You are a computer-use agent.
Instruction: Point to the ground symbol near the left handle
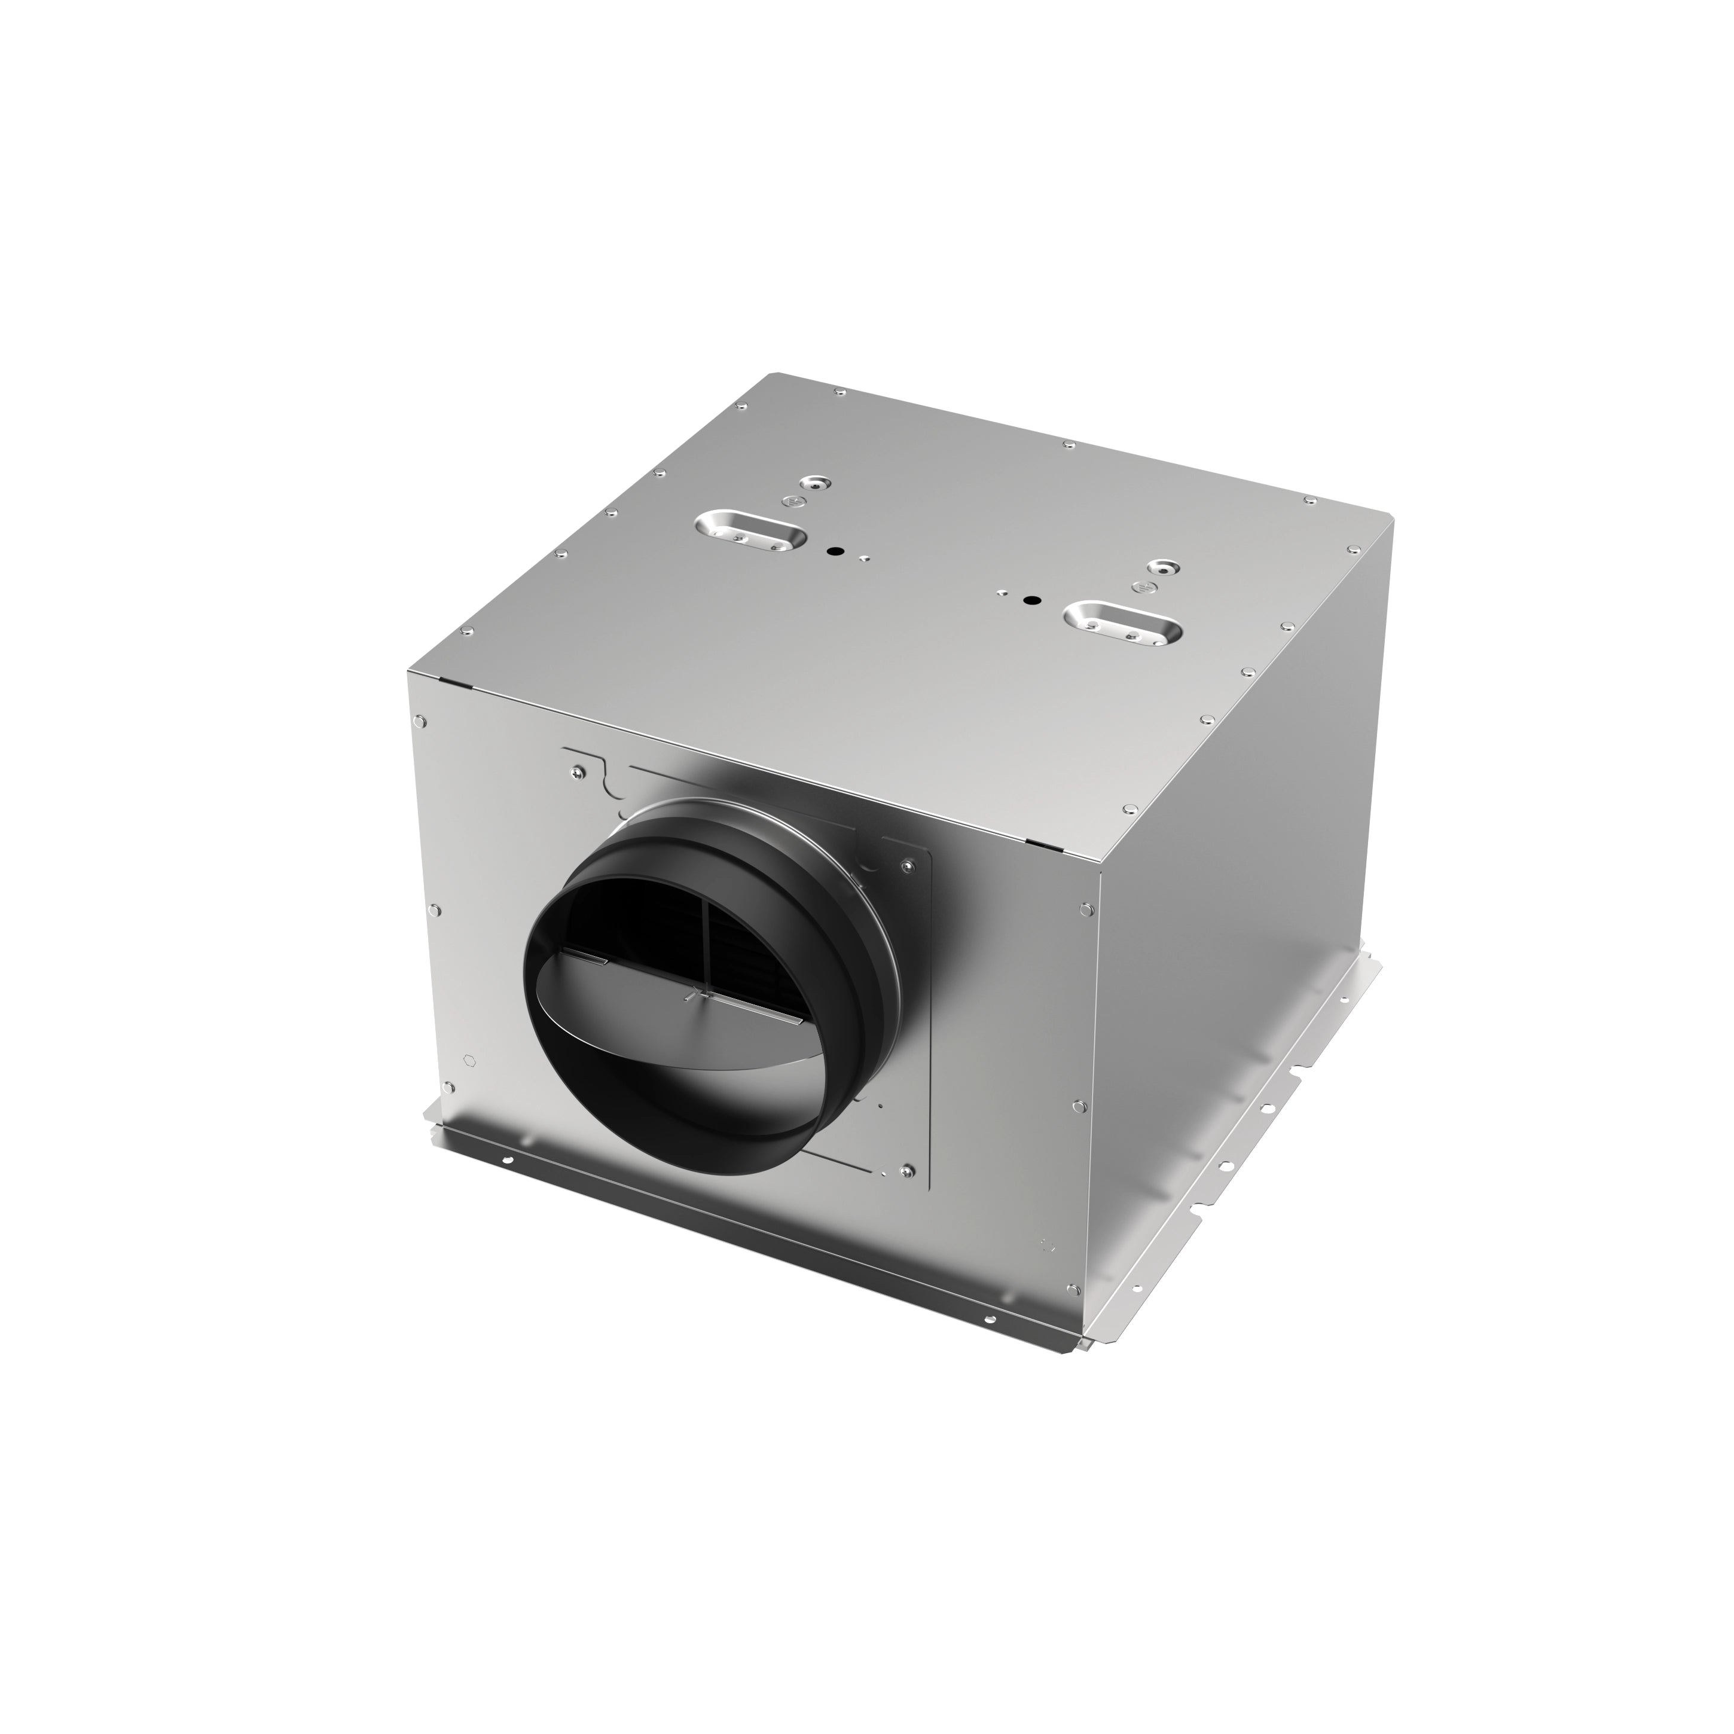[790, 501]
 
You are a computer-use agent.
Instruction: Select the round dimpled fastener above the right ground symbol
[1164, 567]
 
